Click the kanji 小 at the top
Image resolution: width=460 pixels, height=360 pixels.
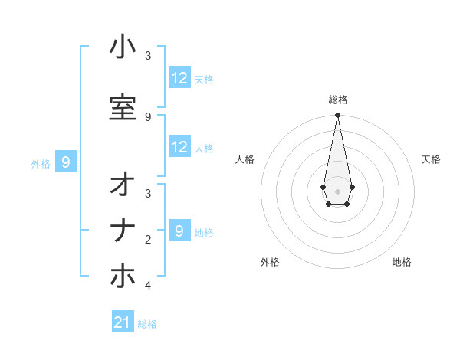point(123,47)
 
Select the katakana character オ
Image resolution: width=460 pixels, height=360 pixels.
point(123,186)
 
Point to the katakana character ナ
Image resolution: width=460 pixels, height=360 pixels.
point(123,232)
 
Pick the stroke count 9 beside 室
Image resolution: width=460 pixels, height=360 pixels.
point(148,116)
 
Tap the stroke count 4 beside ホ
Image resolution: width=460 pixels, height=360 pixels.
point(148,286)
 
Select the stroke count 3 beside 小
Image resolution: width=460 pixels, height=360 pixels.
point(148,56)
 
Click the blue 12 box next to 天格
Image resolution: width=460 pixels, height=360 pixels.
point(179,78)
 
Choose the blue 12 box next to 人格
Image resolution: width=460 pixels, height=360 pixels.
point(179,147)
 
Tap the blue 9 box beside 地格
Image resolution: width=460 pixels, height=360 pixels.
point(179,231)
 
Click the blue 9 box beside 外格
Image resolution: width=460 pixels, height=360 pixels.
point(67,162)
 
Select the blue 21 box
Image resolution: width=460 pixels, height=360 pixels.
point(123,322)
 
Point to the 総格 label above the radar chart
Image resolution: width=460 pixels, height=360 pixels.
point(337,100)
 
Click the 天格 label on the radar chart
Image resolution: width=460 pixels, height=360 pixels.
point(431,159)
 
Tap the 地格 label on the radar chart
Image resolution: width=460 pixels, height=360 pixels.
point(402,262)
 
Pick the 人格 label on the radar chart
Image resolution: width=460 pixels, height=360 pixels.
point(245,159)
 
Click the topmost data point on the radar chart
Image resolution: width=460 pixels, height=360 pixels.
point(337,116)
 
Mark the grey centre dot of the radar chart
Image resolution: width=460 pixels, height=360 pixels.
point(337,190)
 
